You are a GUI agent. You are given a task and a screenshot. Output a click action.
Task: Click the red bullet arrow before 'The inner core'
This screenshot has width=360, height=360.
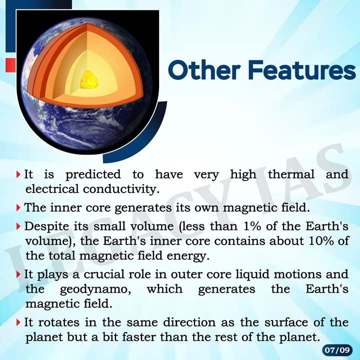pyautogui.click(x=18, y=206)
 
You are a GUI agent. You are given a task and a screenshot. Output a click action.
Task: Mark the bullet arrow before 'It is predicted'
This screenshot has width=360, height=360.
pyautogui.click(x=18, y=175)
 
